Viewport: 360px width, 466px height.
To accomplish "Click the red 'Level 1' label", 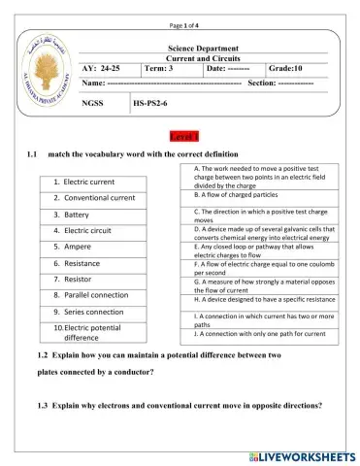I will coord(183,135).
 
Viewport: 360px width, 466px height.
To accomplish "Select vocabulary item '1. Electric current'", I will coord(83,182).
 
